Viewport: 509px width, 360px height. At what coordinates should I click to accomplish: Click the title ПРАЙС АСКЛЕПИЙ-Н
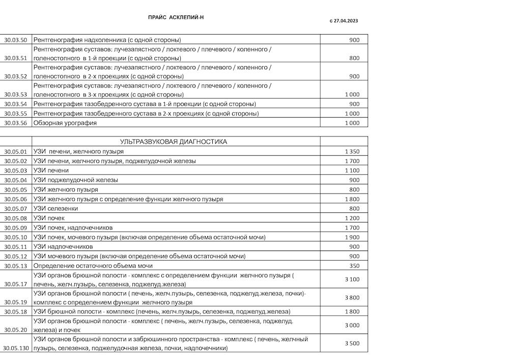pyautogui.click(x=176, y=17)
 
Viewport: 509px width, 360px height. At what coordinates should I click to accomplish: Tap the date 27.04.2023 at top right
pyautogui.click(x=347, y=21)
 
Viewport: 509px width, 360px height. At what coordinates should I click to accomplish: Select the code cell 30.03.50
pyautogui.click(x=15, y=40)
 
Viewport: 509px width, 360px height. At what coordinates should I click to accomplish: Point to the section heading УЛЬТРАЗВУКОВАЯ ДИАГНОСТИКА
pyautogui.click(x=174, y=142)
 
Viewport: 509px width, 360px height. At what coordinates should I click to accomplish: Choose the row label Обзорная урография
pyautogui.click(x=65, y=123)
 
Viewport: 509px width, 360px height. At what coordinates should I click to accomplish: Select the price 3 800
pyautogui.click(x=352, y=297)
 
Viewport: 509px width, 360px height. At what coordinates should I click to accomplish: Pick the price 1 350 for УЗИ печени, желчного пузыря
pyautogui.click(x=352, y=151)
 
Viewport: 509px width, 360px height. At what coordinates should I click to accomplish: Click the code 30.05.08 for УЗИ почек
pyautogui.click(x=15, y=218)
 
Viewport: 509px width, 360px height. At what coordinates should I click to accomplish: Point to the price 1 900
pyautogui.click(x=352, y=237)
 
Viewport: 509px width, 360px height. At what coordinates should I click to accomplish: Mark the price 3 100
pyautogui.click(x=352, y=279)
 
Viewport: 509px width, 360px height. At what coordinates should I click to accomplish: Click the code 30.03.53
pyautogui.click(x=15, y=94)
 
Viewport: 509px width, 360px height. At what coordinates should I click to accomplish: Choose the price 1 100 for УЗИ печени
pyautogui.click(x=352, y=171)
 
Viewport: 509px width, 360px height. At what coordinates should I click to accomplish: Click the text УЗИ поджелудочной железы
pyautogui.click(x=75, y=180)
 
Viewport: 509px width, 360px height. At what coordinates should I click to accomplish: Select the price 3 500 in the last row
pyautogui.click(x=352, y=343)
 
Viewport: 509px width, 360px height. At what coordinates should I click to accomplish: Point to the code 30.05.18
pyautogui.click(x=15, y=311)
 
